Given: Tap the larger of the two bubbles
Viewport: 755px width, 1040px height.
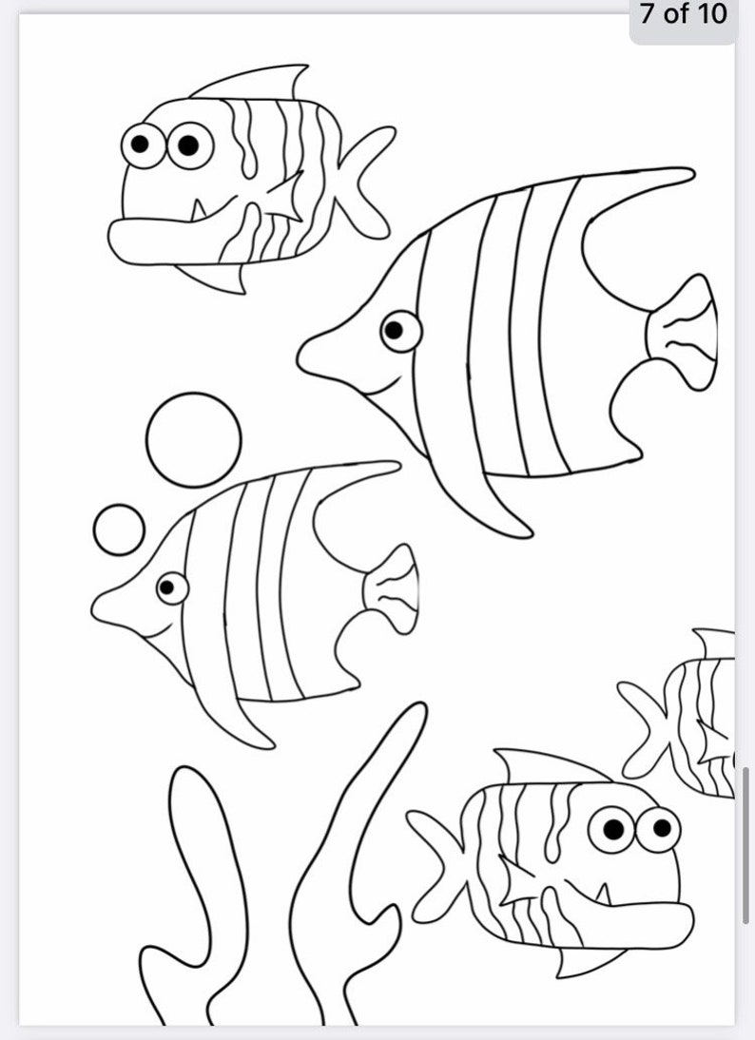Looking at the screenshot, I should click(194, 440).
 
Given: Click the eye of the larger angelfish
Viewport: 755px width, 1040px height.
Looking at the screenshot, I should click(400, 331).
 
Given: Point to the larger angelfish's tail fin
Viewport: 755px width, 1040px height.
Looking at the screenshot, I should click(682, 332).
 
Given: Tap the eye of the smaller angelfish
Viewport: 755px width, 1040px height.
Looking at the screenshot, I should click(171, 587).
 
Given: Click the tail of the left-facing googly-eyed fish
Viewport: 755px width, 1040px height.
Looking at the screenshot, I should click(367, 181).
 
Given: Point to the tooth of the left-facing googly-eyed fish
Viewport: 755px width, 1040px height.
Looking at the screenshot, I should click(198, 208).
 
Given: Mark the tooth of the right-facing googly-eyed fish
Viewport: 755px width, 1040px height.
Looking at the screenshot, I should click(603, 895).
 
